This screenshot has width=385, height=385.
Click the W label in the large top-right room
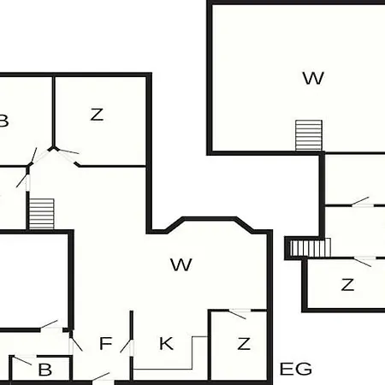pos(313,78)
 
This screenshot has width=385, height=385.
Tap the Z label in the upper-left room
pos(97,115)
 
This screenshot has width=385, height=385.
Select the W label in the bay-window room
pos(181,264)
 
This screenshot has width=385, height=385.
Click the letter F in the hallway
pos(105,343)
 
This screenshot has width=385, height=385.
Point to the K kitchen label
pos(166,343)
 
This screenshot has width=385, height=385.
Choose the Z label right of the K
pos(244,344)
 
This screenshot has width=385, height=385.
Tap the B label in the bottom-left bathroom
pos(45,370)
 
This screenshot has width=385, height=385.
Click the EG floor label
pos(296,369)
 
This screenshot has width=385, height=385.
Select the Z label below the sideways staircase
pos(347,285)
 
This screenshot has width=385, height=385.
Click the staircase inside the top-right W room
pos(309,135)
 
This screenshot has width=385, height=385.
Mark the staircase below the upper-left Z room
pos(42,214)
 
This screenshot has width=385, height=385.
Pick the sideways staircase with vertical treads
pos(311,247)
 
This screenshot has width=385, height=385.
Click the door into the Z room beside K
pos(239,313)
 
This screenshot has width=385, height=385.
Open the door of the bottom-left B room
pos(22,359)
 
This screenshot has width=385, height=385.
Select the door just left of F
pos(75,345)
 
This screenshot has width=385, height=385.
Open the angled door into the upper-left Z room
pos(68,155)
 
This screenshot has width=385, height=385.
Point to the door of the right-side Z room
pos(362,261)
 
